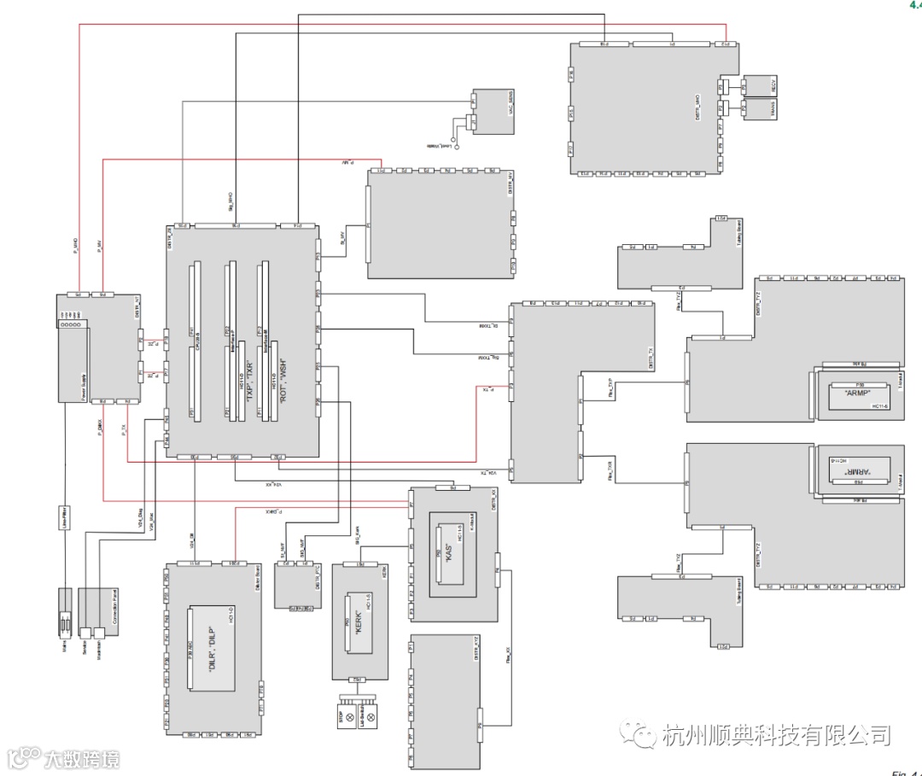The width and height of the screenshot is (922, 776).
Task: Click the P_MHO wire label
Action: click(76, 248)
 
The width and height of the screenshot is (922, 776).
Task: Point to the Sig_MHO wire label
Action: click(230, 201)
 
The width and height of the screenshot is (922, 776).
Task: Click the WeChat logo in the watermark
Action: click(638, 733)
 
